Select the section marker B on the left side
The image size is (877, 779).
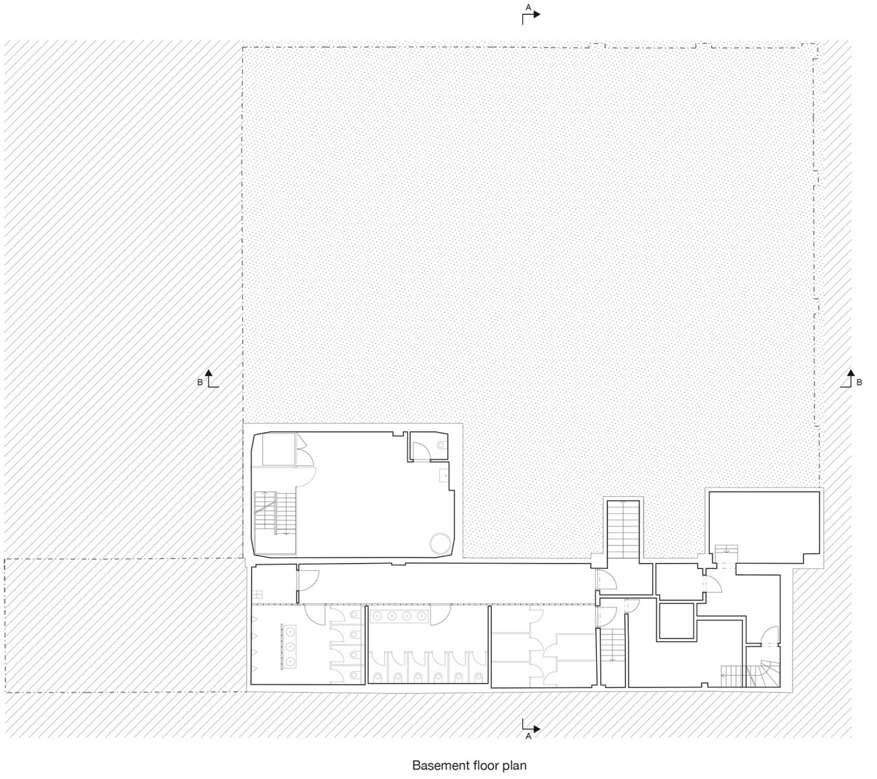tap(208, 379)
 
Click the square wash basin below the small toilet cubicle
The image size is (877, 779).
tap(444, 475)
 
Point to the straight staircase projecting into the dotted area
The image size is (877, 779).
tap(623, 529)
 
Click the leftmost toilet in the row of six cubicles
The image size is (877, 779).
tap(378, 676)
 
